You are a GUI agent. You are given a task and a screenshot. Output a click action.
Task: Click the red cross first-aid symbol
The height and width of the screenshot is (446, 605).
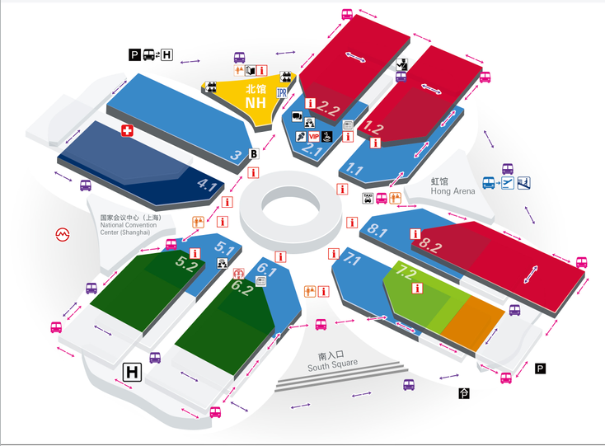pos(127,130)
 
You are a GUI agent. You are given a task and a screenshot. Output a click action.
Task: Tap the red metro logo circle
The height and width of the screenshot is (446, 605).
pos(63,234)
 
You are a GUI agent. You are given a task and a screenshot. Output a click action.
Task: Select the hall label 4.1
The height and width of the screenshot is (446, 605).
pos(207,185)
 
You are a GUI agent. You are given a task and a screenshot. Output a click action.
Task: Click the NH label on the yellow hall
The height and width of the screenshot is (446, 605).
pos(256,102)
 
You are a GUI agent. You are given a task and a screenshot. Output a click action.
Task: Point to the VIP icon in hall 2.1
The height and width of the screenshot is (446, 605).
pos(314,136)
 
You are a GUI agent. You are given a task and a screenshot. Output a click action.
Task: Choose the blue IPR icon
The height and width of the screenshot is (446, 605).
pos(282,92)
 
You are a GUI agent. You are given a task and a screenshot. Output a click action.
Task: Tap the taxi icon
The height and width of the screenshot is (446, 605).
pos(368,199)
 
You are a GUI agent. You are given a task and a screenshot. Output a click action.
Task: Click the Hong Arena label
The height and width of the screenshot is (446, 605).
pos(453,191)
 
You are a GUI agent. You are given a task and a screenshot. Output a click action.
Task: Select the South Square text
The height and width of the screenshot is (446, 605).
pos(333,365)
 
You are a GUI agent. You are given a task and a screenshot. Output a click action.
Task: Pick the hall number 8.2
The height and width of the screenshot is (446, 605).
pos(430,245)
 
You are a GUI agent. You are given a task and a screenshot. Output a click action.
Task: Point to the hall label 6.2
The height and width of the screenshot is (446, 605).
pos(242,287)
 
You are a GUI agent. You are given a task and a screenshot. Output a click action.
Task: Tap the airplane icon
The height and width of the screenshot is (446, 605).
pos(508,182)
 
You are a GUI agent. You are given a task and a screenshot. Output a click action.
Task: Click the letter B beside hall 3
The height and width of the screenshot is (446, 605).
pos(254,154)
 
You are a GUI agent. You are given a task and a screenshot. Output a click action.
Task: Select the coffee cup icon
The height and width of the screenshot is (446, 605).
pos(326,136)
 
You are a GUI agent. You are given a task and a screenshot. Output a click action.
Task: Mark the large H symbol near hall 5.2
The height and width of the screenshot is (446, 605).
pos(132,373)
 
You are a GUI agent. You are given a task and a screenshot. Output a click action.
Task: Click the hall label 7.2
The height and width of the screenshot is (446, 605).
pos(406,272)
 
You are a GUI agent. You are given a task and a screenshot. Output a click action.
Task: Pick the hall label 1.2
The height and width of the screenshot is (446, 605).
pos(373,127)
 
